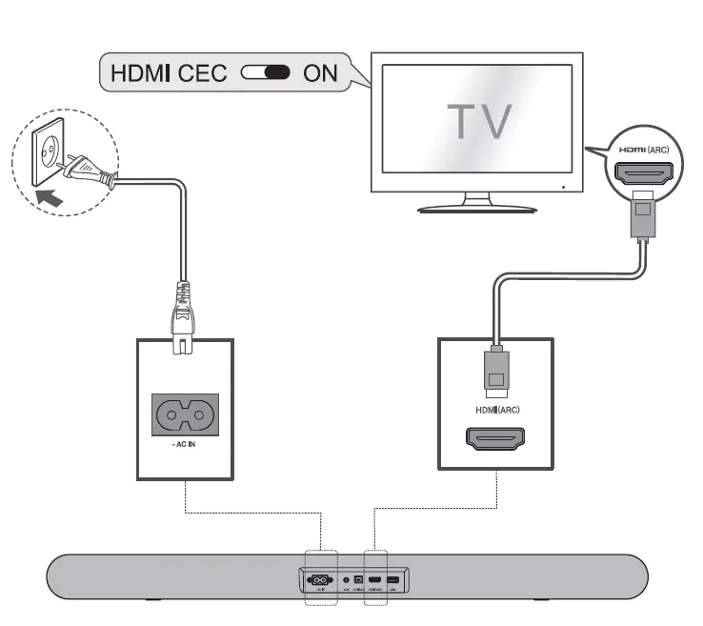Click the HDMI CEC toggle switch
point(267,72)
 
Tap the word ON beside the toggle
point(320,72)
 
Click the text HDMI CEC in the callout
point(168,72)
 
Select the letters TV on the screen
point(480,119)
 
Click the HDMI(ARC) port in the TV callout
point(645,174)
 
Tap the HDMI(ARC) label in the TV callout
point(645,151)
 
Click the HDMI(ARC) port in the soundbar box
point(493,439)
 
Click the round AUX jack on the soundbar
point(345,579)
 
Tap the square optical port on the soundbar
point(358,579)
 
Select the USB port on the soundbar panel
point(393,579)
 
